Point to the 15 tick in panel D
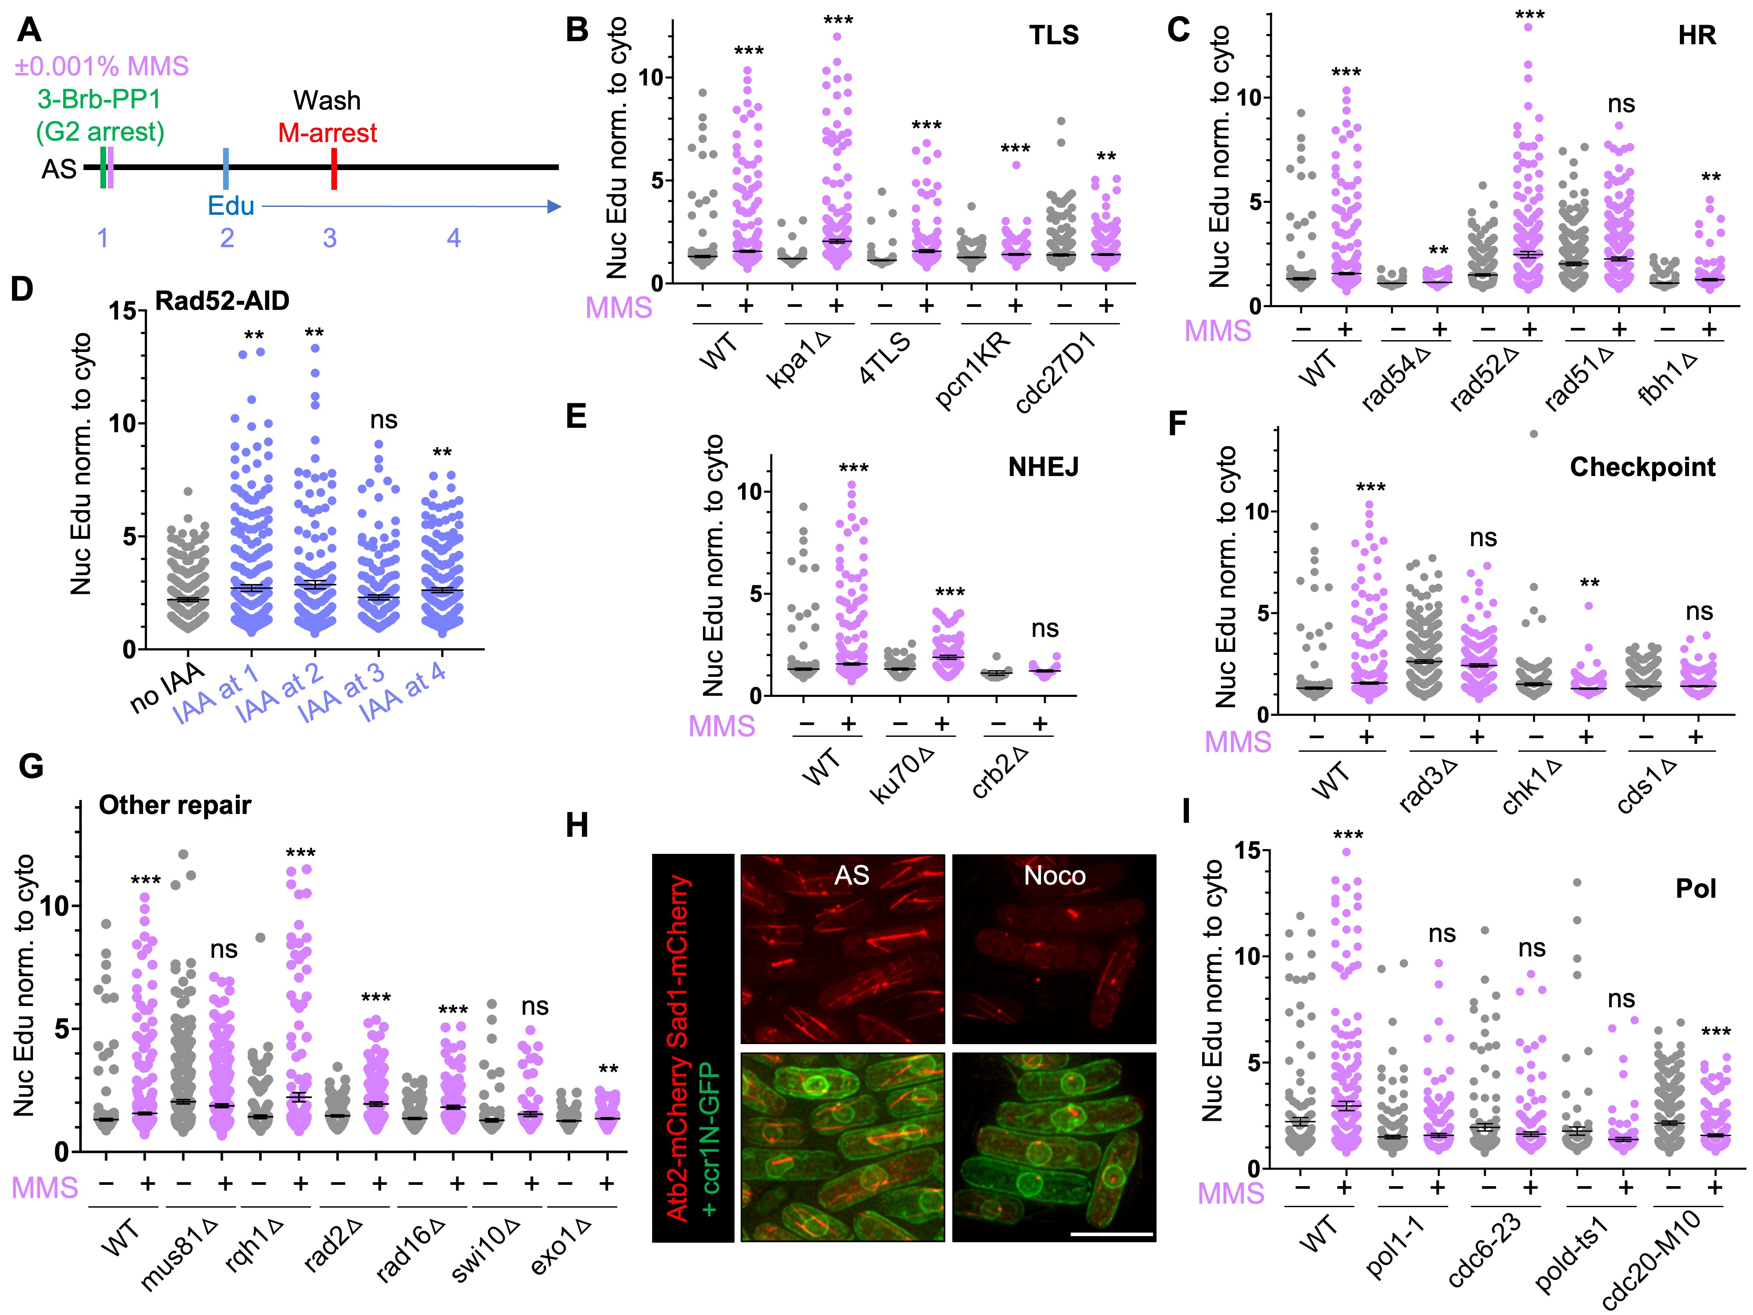pos(123,311)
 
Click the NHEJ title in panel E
pos(1043,468)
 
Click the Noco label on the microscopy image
pos(1054,876)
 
